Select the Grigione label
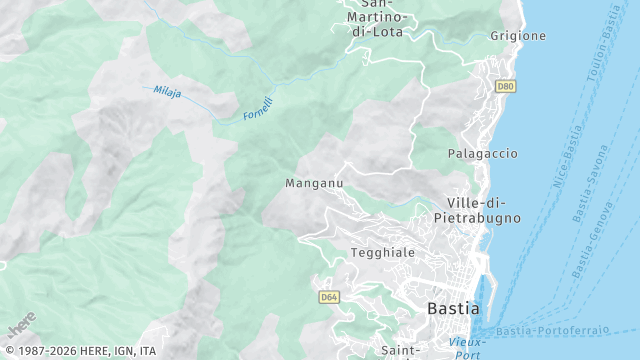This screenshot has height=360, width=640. click(518, 36)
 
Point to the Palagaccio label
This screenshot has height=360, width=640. click(482, 154)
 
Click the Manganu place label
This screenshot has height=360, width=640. click(314, 184)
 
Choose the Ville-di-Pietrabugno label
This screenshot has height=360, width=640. click(477, 209)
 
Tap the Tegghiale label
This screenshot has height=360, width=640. click(382, 253)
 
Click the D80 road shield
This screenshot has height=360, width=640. click(505, 87)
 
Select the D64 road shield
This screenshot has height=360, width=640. click(329, 297)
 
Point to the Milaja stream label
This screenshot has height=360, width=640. click(168, 92)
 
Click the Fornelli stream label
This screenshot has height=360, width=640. click(258, 109)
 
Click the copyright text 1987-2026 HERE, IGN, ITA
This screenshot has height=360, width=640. click(79, 351)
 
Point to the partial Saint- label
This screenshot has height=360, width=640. click(400, 351)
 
